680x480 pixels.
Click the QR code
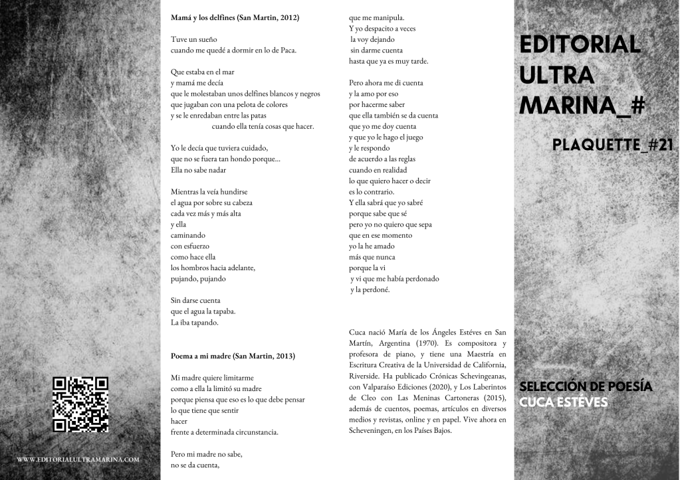[80, 405]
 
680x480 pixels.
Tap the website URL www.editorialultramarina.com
[78, 459]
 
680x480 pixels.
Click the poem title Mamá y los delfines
[202, 17]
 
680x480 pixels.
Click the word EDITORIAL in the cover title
[579, 45]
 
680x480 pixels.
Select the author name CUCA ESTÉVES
[563, 402]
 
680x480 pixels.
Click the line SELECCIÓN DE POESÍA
[586, 386]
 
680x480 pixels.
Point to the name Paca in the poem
[287, 50]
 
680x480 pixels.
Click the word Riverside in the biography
[364, 375]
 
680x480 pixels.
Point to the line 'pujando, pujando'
[198, 279]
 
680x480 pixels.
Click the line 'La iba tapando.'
[194, 322]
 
